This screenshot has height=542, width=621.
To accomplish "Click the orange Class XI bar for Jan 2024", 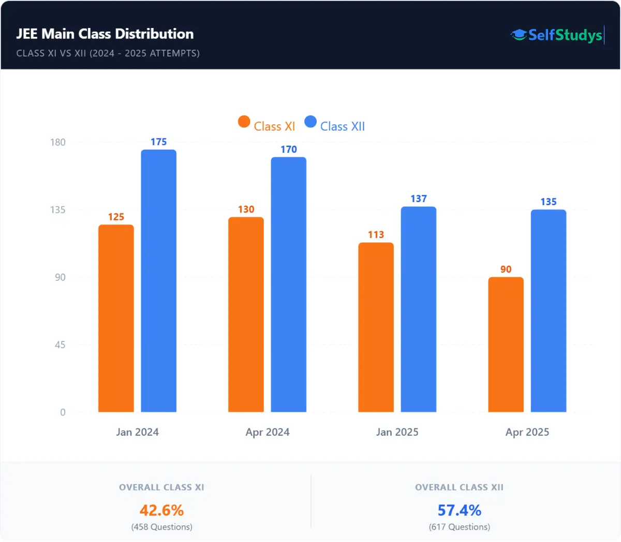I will click(116, 318).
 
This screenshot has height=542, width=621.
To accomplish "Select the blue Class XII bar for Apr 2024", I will click(288, 284).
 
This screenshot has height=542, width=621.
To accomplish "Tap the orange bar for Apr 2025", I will click(506, 345).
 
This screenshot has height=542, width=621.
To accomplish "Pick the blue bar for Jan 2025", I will click(418, 309).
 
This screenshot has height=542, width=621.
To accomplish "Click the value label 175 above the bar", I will click(158, 142).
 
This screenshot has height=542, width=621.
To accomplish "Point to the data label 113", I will click(376, 235).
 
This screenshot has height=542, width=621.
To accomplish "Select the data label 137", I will click(418, 199).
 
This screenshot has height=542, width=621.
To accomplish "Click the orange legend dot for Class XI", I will click(244, 122).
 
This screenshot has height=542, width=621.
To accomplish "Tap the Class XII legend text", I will click(342, 126).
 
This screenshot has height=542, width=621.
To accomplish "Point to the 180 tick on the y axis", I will click(58, 142).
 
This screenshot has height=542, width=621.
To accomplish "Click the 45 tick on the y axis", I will click(60, 345).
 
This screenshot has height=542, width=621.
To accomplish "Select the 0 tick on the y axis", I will click(63, 412).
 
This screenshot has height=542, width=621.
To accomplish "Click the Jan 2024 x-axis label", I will click(137, 432).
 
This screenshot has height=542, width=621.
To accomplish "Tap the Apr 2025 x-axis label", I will click(527, 432).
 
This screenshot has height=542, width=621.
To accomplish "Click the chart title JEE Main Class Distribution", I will click(105, 34).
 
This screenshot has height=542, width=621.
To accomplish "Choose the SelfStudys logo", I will click(557, 35).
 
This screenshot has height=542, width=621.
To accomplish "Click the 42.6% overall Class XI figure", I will click(161, 510).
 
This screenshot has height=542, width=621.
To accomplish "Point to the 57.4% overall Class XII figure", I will click(459, 510).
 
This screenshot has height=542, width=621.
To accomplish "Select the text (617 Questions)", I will click(459, 527).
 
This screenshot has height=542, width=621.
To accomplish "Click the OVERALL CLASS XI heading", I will click(161, 488).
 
